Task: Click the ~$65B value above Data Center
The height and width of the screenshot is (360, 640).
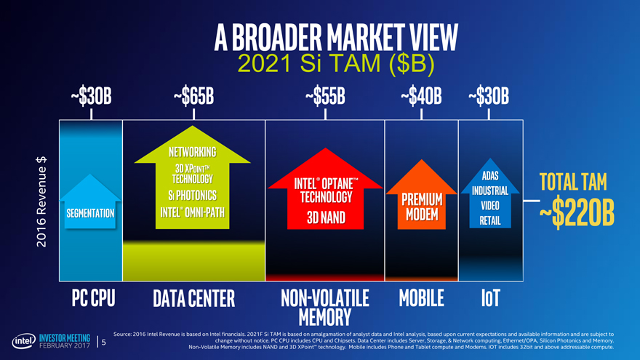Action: pos(193,96)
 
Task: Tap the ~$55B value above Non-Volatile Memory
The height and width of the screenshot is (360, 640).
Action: pos(325,96)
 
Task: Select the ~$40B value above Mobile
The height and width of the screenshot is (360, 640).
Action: pos(421,96)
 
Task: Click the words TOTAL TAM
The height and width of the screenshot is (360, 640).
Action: pos(573,182)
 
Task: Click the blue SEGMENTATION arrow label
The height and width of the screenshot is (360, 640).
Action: pos(90,213)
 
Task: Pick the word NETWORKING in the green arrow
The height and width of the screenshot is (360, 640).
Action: pos(192,152)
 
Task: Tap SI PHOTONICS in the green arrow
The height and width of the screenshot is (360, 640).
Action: pos(192,196)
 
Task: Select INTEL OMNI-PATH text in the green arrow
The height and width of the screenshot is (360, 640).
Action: pos(192,212)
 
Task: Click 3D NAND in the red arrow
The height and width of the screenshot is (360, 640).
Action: pos(326,217)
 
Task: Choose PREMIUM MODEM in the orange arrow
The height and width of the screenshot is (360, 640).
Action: pos(422,207)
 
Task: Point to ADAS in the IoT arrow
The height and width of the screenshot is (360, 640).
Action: pos(490,175)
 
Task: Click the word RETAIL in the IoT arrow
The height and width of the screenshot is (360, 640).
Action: pos(490,221)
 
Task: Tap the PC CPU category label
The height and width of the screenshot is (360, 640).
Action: pos(94,298)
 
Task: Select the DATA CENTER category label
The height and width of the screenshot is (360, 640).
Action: pos(194,298)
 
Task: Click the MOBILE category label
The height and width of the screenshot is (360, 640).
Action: pos(421,298)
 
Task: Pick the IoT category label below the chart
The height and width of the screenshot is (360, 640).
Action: pos(490,298)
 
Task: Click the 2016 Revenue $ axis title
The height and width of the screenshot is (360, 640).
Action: pos(41,201)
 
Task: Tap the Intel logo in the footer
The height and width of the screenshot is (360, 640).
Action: pos(24,341)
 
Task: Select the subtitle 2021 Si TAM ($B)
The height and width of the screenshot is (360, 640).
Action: pos(335,64)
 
